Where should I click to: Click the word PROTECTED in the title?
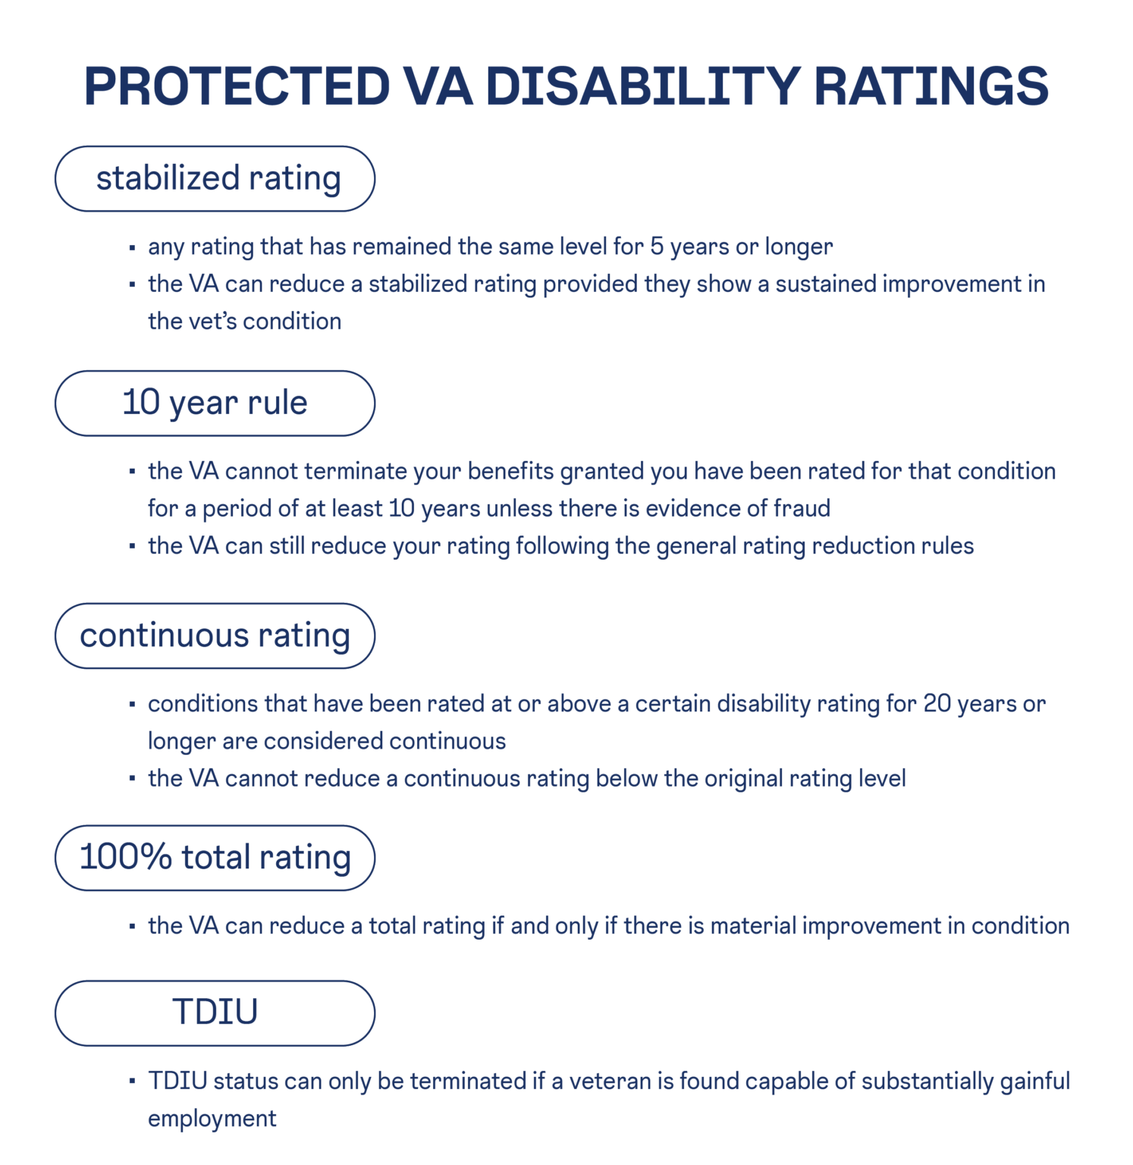[237, 86]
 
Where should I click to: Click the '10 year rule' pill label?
[215, 403]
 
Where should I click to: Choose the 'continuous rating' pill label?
[215, 636]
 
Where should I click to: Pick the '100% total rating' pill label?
[215, 858]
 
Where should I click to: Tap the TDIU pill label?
[215, 1013]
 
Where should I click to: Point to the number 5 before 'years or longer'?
[657, 247]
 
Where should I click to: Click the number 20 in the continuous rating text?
[937, 704]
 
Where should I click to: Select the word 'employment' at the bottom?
[212, 1119]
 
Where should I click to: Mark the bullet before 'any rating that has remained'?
[132, 248]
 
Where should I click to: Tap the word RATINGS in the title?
[931, 86]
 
